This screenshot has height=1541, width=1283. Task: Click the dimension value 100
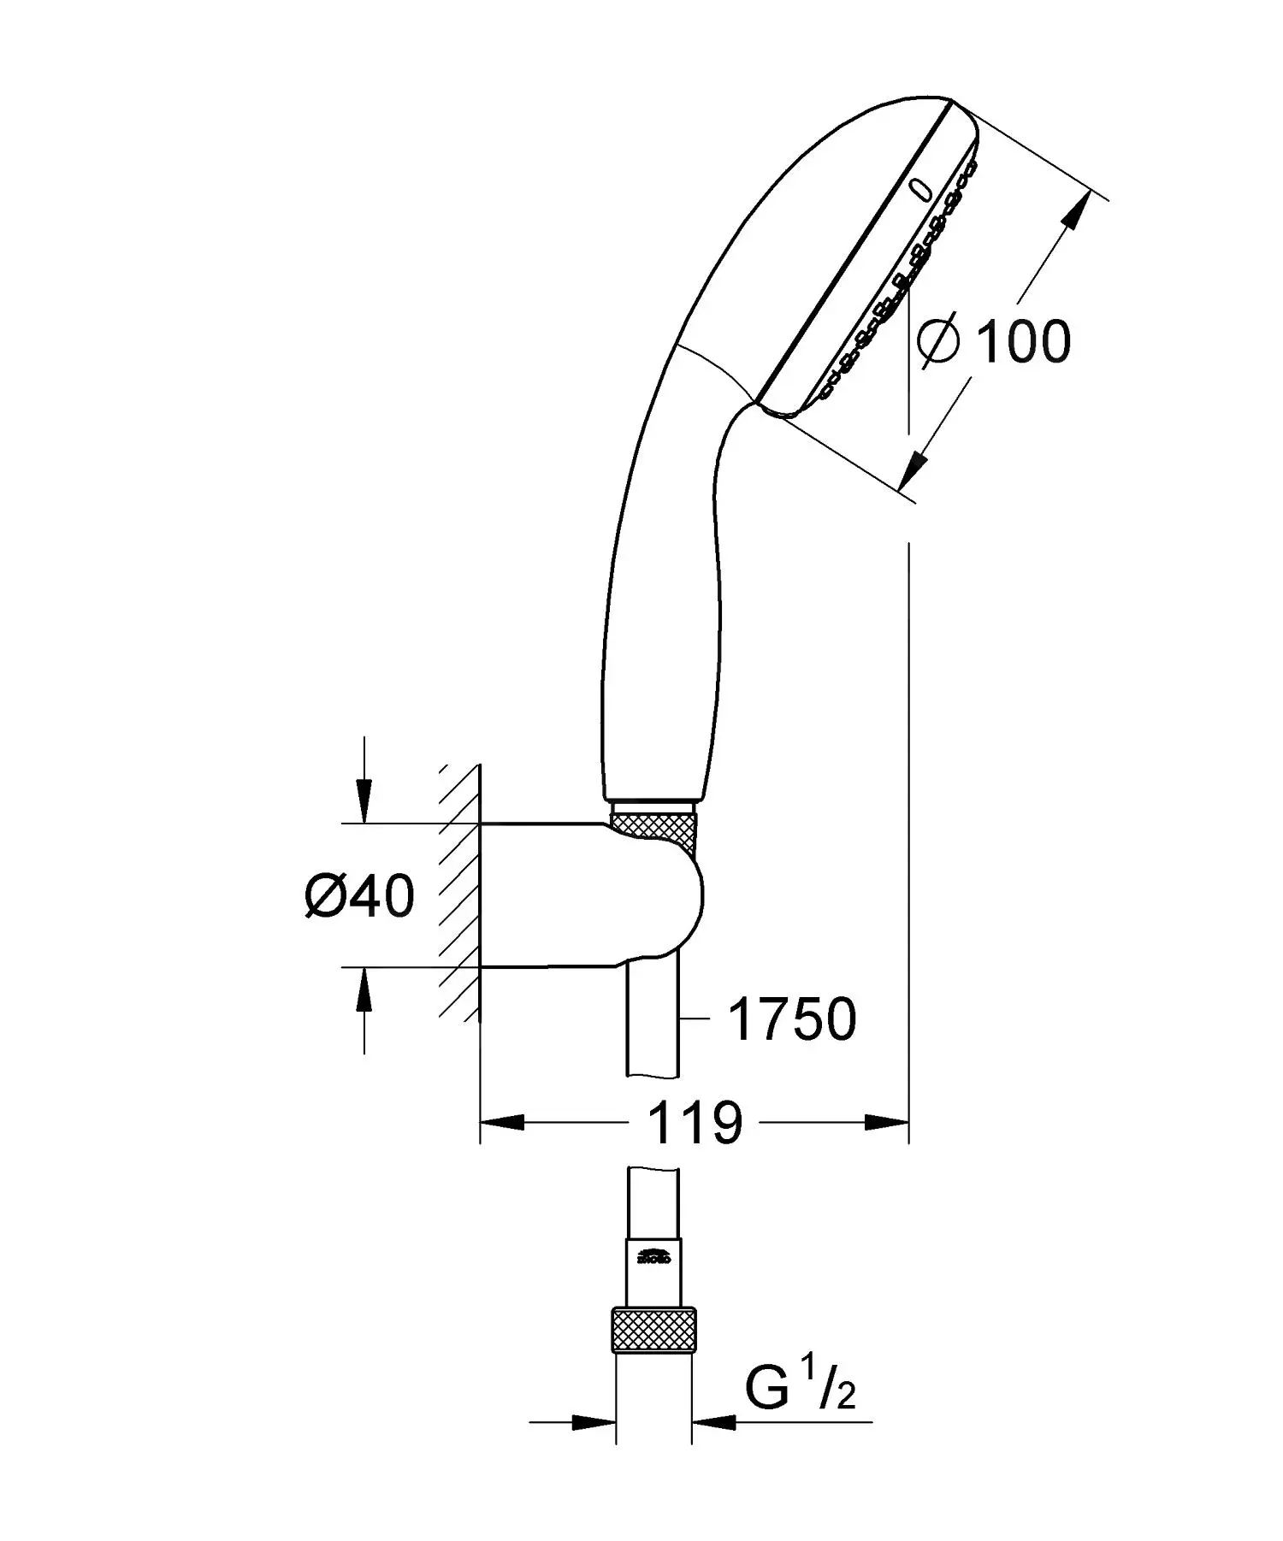1022,342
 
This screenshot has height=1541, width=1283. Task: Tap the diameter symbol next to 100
939,341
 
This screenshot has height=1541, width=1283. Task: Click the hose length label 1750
791,1019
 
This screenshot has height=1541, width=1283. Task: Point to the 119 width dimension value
695,1123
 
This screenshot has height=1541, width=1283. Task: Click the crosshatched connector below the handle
654,830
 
